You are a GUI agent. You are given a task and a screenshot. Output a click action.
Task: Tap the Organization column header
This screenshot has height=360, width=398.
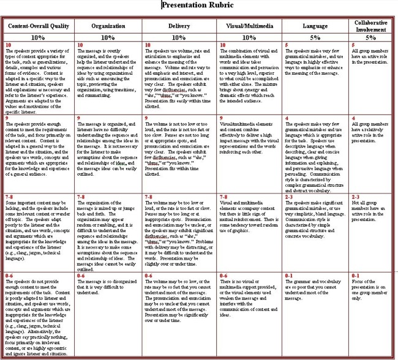click(108, 28)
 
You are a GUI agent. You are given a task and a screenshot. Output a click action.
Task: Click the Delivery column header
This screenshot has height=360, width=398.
click(179, 28)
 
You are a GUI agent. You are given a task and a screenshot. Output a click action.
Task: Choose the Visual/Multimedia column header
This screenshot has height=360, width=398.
click(250, 28)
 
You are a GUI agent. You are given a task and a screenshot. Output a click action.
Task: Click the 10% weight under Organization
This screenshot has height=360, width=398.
click(108, 37)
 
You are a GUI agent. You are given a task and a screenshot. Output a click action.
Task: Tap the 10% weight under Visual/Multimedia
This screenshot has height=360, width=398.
click(250, 37)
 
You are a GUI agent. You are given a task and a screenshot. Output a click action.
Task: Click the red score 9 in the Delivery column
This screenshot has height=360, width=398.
click(146, 118)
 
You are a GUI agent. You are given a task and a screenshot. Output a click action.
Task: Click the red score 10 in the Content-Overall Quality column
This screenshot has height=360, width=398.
click(8, 45)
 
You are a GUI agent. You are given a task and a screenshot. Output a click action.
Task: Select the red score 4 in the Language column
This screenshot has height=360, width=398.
click(287, 118)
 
